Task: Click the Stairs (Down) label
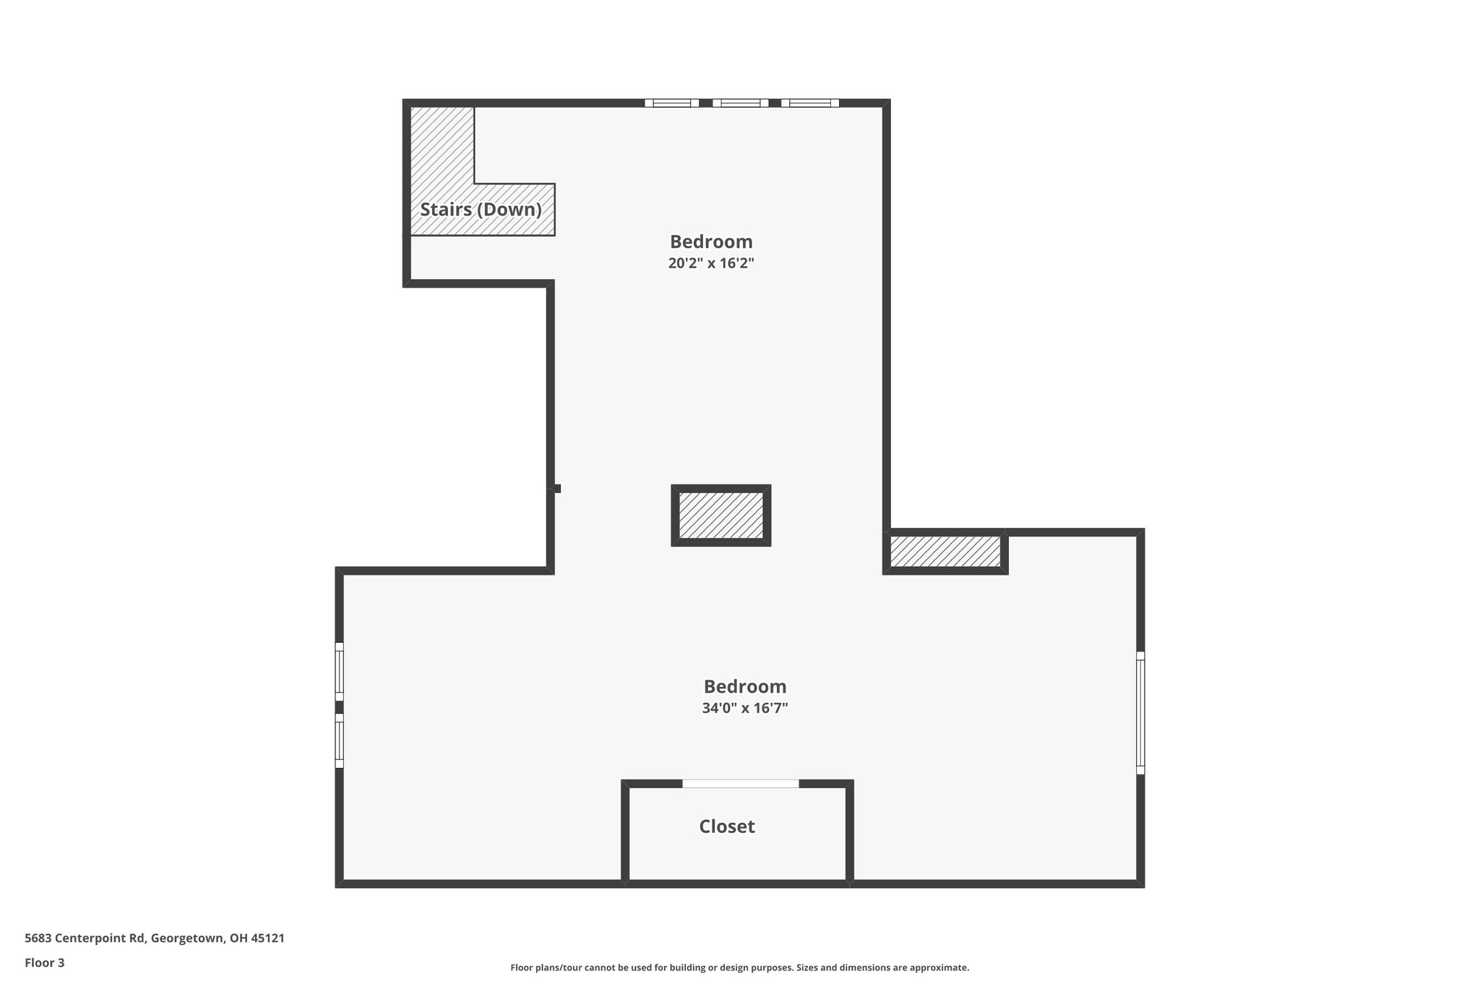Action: pyautogui.click(x=481, y=210)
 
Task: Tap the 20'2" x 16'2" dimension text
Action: pyautogui.click(x=711, y=263)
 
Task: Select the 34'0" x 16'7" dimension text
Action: pyautogui.click(x=744, y=708)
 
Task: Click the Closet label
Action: pyautogui.click(x=726, y=826)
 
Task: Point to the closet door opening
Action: pyautogui.click(x=741, y=784)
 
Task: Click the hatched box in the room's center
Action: pyautogui.click(x=720, y=516)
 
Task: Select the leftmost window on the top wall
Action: pyautogui.click(x=671, y=103)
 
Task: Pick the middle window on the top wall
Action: pyautogui.click(x=740, y=103)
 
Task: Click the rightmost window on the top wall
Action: pyautogui.click(x=809, y=103)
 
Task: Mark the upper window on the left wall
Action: pyautogui.click(x=339, y=672)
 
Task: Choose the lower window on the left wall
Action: pyautogui.click(x=339, y=740)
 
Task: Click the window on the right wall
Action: pyautogui.click(x=1140, y=713)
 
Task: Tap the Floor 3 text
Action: pyautogui.click(x=45, y=963)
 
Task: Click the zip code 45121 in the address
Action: pyautogui.click(x=267, y=939)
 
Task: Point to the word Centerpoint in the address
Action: pyautogui.click(x=92, y=939)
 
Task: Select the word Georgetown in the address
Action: pyautogui.click(x=186, y=939)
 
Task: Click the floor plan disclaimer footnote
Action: pyautogui.click(x=739, y=967)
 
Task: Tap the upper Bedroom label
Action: pyautogui.click(x=711, y=242)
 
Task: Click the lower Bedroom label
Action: pyautogui.click(x=744, y=686)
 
